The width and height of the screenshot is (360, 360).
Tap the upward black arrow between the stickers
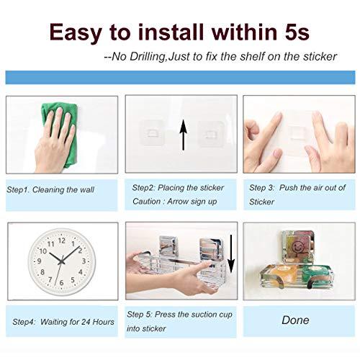(x=184, y=135)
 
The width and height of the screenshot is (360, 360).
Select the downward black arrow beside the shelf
(x=231, y=254)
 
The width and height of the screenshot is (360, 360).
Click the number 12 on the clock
(x=62, y=240)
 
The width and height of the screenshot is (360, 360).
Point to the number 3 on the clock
(x=84, y=261)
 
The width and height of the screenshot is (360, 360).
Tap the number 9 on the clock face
(x=39, y=261)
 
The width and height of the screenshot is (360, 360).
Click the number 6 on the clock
(x=61, y=283)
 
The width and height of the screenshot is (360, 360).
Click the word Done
(x=295, y=320)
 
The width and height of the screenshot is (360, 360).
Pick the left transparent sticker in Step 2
(x=152, y=132)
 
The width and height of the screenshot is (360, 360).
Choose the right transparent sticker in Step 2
(x=211, y=133)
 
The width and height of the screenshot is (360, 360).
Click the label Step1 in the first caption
(x=18, y=190)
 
